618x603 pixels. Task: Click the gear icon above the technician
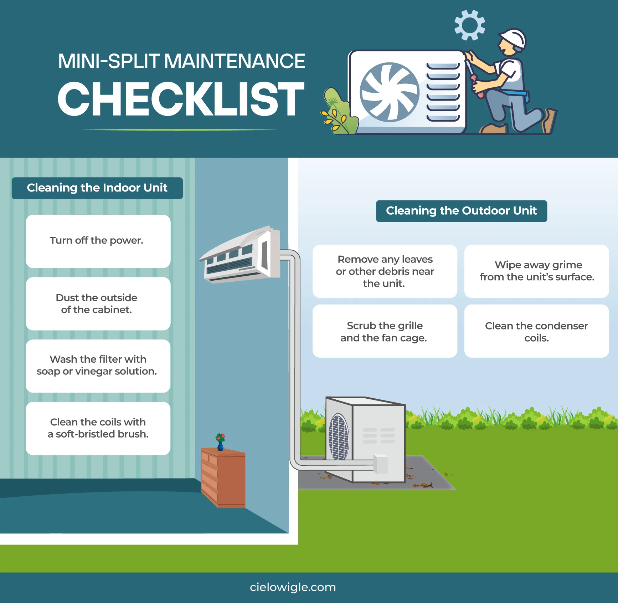pos(469,25)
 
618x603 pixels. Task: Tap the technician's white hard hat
pos(514,39)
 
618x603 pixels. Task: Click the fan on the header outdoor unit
pos(389,92)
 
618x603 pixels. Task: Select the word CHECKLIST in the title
pos(181,99)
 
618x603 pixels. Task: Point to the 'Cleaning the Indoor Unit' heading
pos(97,188)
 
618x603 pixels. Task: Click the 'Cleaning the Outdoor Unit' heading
pos(461,211)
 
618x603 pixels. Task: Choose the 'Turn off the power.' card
pos(98,241)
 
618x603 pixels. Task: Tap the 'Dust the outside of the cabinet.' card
pos(98,304)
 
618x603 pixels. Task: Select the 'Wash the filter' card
pos(98,366)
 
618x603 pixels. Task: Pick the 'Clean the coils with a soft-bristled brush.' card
pos(98,428)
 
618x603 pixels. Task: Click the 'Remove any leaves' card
pos(385,271)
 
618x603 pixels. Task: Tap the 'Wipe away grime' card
pos(536,271)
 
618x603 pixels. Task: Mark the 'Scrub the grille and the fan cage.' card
pos(385,331)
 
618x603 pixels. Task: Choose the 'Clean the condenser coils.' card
pos(536,331)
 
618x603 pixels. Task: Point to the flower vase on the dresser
pos(220,442)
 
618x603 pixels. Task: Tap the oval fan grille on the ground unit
pos(338,437)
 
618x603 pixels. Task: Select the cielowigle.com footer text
pos(293,587)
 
